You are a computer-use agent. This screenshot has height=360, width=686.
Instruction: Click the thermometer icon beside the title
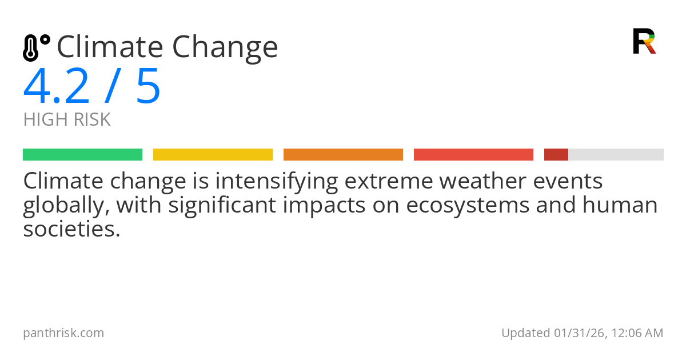pyautogui.click(x=37, y=48)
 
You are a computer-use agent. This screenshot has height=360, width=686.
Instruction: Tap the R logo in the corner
pyautogui.click(x=644, y=41)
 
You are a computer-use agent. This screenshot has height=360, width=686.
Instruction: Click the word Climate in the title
pyautogui.click(x=110, y=46)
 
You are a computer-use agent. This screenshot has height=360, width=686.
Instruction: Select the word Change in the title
pyautogui.click(x=225, y=49)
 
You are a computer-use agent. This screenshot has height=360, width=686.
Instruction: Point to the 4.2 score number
pyautogui.click(x=57, y=86)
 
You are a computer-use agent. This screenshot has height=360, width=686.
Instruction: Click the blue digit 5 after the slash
pyautogui.click(x=148, y=86)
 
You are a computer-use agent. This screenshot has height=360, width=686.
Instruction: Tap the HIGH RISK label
pyautogui.click(x=67, y=119)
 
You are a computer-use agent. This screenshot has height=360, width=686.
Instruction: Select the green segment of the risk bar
pyautogui.click(x=83, y=155)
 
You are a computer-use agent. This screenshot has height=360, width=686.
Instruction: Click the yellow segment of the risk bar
pyautogui.click(x=213, y=155)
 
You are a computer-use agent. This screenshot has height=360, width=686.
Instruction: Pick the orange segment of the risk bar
pyautogui.click(x=344, y=155)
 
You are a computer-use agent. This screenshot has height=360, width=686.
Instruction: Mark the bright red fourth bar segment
pyautogui.click(x=473, y=155)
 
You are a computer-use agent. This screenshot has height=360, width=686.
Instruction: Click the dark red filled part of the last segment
pyautogui.click(x=556, y=155)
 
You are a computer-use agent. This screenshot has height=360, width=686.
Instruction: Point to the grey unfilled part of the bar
pyautogui.click(x=616, y=155)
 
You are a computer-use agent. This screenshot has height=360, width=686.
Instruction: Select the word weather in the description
pyautogui.click(x=482, y=181)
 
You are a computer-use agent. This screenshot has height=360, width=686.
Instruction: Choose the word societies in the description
pyautogui.click(x=71, y=229)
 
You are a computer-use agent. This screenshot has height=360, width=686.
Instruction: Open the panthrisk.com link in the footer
pyautogui.click(x=63, y=333)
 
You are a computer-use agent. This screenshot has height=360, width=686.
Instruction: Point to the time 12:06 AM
pyautogui.click(x=637, y=333)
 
